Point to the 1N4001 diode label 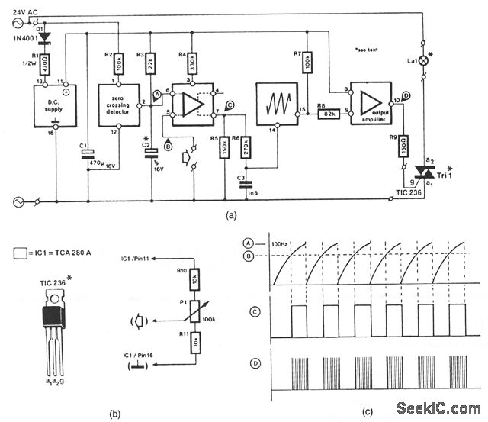(21, 39)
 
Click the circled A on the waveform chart (247, 242)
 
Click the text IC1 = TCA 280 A (62, 250)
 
